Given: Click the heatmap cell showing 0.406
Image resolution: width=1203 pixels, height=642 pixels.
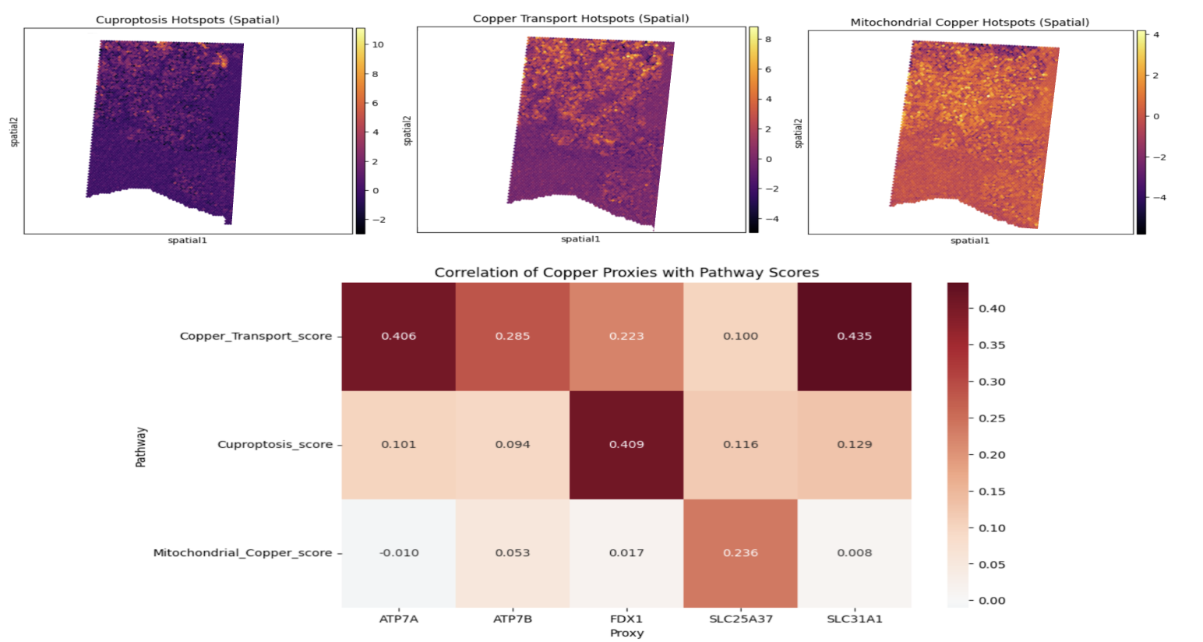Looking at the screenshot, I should (x=398, y=336).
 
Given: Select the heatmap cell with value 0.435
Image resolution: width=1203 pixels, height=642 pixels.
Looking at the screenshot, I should (x=854, y=336).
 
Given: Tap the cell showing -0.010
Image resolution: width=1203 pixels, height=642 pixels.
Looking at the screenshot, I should (x=398, y=552).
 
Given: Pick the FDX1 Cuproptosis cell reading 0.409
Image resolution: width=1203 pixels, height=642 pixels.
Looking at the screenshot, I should (x=626, y=444).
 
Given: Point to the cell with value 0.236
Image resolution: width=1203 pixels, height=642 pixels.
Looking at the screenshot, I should (x=740, y=552).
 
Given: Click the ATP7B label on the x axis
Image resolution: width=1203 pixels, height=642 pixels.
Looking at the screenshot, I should (x=513, y=619).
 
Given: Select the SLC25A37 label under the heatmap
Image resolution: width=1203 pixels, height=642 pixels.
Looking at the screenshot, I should (x=740, y=619).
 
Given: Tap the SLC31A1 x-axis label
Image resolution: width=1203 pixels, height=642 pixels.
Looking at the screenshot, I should (x=854, y=619).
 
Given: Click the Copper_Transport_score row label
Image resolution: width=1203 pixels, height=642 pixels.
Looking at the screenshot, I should (x=256, y=336).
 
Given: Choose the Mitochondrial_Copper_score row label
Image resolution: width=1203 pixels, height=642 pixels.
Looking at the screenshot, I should (x=242, y=552).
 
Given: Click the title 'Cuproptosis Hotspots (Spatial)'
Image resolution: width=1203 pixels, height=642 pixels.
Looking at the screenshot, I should (x=187, y=19).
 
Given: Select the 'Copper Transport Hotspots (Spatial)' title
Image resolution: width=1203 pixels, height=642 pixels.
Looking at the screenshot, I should (x=580, y=18).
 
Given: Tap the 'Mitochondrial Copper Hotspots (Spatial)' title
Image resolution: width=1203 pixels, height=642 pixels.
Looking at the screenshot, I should (x=969, y=22).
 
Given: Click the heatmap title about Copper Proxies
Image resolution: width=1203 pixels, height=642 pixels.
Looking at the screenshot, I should (x=626, y=273).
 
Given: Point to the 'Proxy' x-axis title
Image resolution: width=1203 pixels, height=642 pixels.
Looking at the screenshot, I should (x=626, y=633).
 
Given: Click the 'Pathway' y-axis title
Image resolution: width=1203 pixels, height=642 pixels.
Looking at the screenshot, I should (x=141, y=446).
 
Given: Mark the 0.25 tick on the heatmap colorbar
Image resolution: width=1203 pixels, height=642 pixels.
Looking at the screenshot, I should (x=991, y=418).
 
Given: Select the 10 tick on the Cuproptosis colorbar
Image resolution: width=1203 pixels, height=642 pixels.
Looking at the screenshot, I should (x=378, y=44).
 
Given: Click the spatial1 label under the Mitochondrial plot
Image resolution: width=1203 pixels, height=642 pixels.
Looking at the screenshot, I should (x=969, y=241).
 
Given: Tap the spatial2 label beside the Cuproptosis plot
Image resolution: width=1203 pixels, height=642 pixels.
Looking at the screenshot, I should (x=14, y=132).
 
